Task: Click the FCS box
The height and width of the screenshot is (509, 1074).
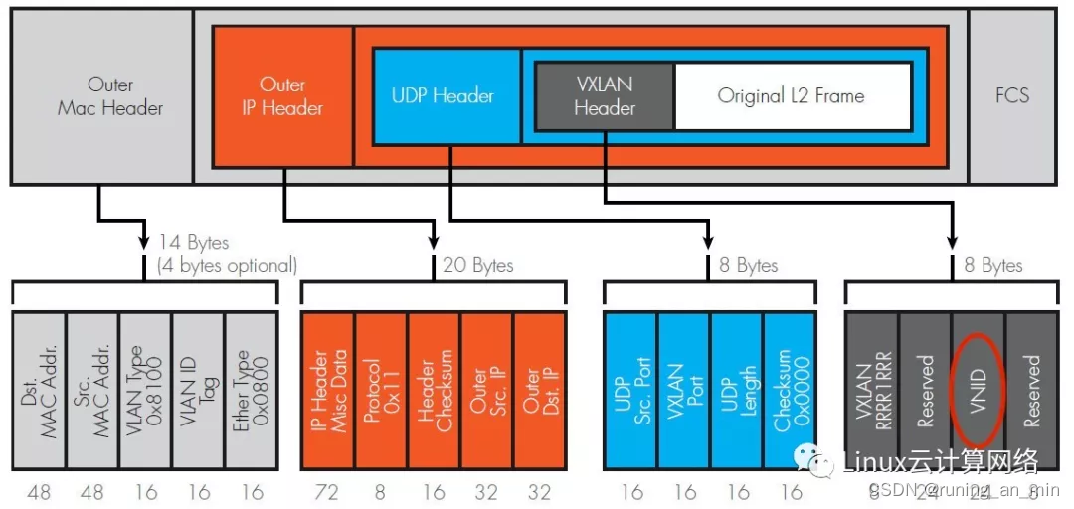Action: click(x=1011, y=96)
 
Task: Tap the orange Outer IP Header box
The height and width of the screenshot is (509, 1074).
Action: click(x=282, y=96)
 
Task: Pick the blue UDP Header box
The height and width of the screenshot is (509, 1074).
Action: click(x=444, y=96)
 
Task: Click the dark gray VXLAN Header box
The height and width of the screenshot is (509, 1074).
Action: click(x=605, y=96)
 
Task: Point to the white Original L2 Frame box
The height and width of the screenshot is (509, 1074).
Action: click(x=792, y=96)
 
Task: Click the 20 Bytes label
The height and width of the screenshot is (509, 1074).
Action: click(x=478, y=265)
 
